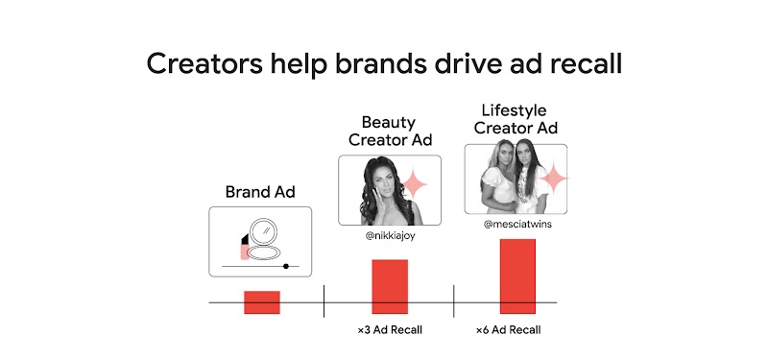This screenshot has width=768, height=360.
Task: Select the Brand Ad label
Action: pyautogui.click(x=260, y=191)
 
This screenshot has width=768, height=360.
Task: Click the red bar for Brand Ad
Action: pyautogui.click(x=261, y=301)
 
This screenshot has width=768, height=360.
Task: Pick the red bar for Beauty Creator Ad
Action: pyautogui.click(x=390, y=286)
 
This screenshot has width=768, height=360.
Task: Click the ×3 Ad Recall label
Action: pyautogui.click(x=390, y=331)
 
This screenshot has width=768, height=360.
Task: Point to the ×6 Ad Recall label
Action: pyautogui.click(x=509, y=331)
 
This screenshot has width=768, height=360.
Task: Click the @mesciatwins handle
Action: pyautogui.click(x=516, y=225)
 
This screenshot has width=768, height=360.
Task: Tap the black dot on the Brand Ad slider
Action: pyautogui.click(x=286, y=264)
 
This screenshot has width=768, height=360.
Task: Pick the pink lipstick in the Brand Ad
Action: pyautogui.click(x=247, y=247)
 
